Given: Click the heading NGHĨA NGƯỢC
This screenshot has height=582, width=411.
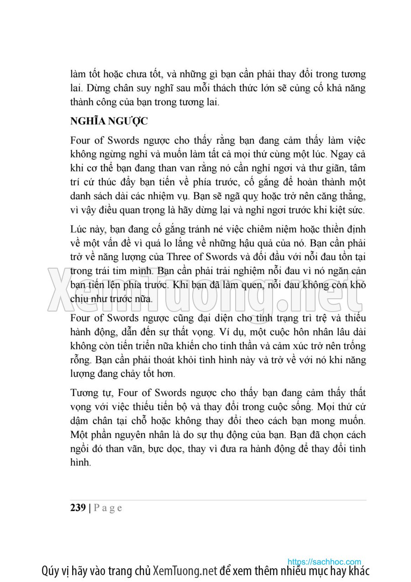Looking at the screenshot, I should click(x=109, y=122).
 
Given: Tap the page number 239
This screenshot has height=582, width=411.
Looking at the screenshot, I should click(x=78, y=508).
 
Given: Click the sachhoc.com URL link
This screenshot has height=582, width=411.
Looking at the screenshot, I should click(x=324, y=562).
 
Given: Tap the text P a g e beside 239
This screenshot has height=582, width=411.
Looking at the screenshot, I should click(x=108, y=508).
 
